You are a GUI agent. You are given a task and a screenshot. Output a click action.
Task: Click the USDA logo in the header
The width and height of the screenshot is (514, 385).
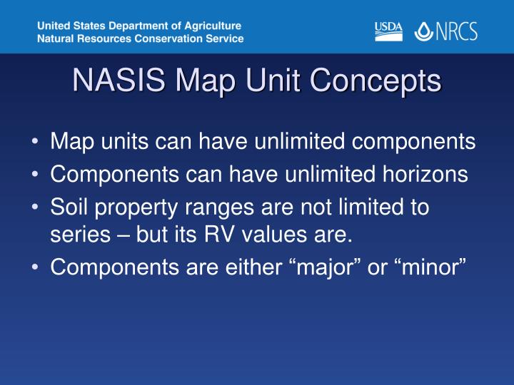tap(388, 31)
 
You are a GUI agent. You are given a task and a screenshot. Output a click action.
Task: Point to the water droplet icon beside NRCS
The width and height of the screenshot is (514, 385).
tap(424, 31)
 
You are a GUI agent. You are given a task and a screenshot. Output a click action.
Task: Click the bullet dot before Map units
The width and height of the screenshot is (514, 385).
tap(36, 142)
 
